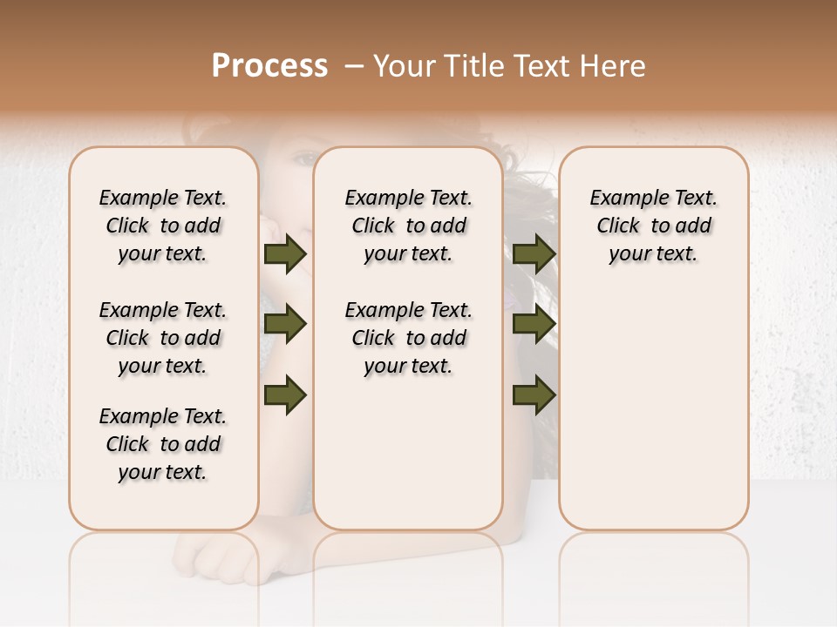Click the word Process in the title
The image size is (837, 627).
coord(269,66)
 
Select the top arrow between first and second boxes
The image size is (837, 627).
coord(285,253)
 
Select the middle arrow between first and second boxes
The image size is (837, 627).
coord(285,324)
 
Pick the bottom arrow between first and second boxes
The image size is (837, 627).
coord(285,394)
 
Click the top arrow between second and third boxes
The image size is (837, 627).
coord(534,253)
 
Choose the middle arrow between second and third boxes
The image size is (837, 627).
coord(534,324)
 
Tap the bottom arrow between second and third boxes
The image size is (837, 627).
coord(534,394)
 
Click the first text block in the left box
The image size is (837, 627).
coord(163,226)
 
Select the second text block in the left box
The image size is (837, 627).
coord(163,338)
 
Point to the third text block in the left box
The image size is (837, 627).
coord(163,444)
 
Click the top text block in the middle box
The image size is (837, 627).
coord(408,226)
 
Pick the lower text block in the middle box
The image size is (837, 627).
coord(408,338)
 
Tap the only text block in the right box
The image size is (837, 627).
coord(653,226)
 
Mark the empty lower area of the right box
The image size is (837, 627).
coord(653,409)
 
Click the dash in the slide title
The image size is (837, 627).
coord(353,66)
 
